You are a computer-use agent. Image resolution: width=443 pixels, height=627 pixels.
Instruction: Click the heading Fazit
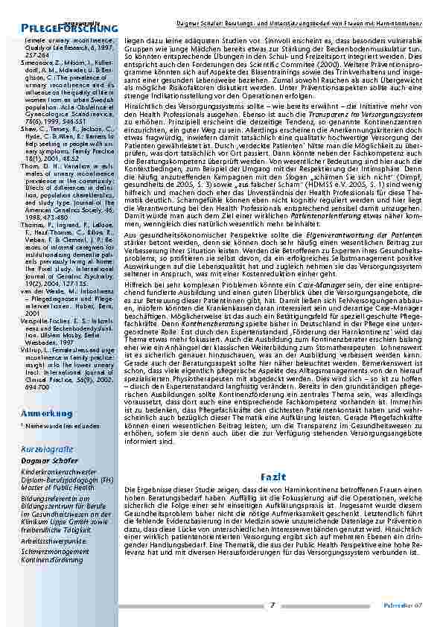269,475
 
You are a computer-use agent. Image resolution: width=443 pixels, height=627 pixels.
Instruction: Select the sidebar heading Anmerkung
47,413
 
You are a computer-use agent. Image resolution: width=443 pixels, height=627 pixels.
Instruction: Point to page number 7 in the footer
273,605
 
